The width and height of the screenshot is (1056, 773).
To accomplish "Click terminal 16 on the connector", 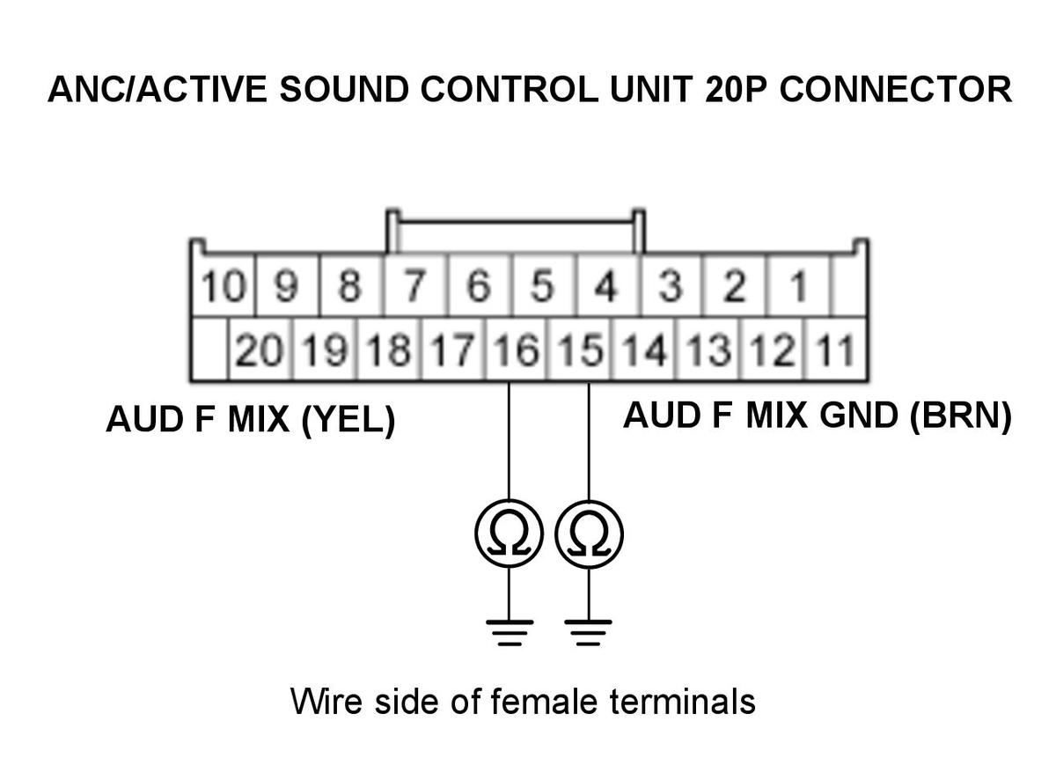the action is (x=517, y=350).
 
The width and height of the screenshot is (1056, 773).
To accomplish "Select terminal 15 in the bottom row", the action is (x=580, y=350).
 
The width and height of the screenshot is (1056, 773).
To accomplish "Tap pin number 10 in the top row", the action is (x=224, y=286).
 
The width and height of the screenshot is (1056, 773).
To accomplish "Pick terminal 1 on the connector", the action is (x=798, y=286).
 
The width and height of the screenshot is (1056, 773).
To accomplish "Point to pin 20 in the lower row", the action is (x=260, y=350).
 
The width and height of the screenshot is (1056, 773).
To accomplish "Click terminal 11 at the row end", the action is (x=835, y=350).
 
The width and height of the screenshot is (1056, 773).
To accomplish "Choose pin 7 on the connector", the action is (x=415, y=286).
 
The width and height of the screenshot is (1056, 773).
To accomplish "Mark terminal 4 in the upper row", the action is (x=607, y=286).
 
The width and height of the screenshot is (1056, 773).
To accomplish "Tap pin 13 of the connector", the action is (x=708, y=350).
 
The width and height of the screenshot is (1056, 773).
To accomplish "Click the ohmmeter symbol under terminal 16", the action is (x=510, y=534).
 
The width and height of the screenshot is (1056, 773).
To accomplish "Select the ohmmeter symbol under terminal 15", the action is (x=590, y=534).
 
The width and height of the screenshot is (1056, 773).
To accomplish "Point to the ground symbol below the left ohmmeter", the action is (x=510, y=633).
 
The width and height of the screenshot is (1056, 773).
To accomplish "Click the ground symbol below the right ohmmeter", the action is (x=589, y=633).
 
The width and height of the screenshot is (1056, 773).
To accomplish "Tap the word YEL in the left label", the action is (x=348, y=419).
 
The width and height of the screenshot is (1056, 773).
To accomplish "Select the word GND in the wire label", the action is (x=859, y=416).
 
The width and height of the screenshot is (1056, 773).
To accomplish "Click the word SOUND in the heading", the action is (x=344, y=89).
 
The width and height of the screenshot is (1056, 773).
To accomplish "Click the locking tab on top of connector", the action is (x=516, y=221).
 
